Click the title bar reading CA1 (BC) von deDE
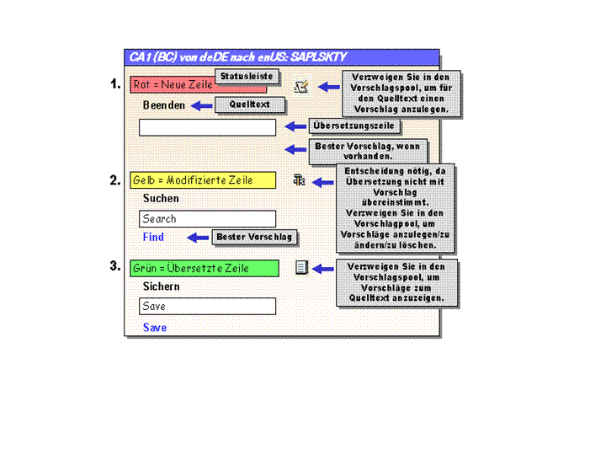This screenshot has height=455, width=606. (x=281, y=57)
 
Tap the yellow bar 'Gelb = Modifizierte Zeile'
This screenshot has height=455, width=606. (x=203, y=180)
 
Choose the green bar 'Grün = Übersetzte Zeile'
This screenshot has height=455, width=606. (x=205, y=268)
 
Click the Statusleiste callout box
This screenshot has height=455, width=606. (x=247, y=76)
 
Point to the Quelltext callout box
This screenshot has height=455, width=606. (x=250, y=104)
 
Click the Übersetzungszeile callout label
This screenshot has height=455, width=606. (x=353, y=126)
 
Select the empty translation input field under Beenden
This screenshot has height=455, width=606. (x=208, y=127)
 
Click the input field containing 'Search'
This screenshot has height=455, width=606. (x=208, y=218)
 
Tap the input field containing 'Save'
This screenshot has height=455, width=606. (x=208, y=306)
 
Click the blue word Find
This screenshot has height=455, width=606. (x=153, y=237)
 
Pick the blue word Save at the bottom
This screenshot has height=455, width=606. (x=155, y=327)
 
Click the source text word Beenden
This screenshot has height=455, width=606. (x=164, y=105)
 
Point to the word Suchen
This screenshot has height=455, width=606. (x=161, y=199)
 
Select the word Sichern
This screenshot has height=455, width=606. (x=161, y=286)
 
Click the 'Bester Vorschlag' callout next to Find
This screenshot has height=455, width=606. (x=254, y=237)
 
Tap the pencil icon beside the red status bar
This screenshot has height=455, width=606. (x=301, y=86)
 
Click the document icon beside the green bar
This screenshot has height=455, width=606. (x=302, y=267)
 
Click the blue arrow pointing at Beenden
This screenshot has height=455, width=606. (x=202, y=105)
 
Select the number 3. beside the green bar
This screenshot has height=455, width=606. (x=114, y=265)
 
